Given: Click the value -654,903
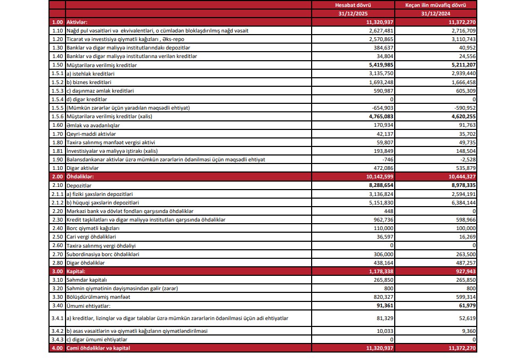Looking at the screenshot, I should pos(380,108).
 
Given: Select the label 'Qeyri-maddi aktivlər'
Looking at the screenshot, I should pos(91,134).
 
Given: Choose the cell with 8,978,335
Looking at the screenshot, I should pos(462,185).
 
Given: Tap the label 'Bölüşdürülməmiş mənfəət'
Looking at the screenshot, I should pos(99,297).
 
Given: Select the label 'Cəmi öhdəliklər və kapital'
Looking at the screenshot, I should pos(98,348).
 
